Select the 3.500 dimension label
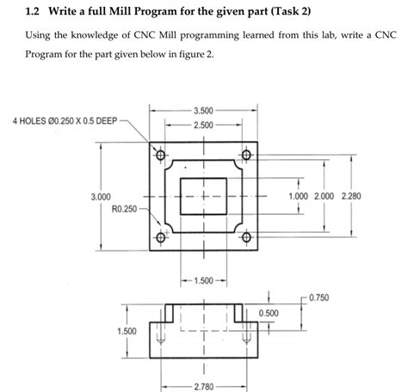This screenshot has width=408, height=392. pyautogui.click(x=204, y=111)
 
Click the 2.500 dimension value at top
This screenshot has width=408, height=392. pyautogui.click(x=204, y=126)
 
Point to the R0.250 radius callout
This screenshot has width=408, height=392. pyautogui.click(x=125, y=207)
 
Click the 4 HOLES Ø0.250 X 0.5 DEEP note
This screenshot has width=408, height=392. pyautogui.click(x=65, y=120)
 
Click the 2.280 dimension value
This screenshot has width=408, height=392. pyautogui.click(x=352, y=196)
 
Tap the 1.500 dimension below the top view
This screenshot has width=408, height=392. pyautogui.click(x=204, y=280)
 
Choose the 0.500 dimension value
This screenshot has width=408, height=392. pyautogui.click(x=268, y=312)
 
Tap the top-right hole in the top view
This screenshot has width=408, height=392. pyautogui.click(x=245, y=156)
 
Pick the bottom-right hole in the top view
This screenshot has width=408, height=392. pyautogui.click(x=245, y=238)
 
